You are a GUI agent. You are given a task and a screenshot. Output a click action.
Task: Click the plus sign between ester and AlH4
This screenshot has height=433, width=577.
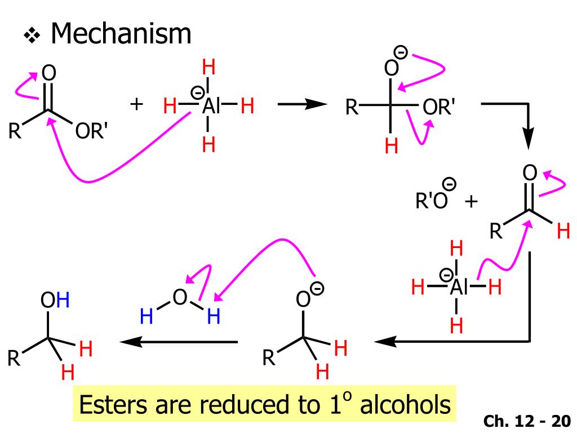click(136, 104)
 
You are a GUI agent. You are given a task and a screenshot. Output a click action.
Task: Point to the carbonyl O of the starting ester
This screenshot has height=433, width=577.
click(50, 73)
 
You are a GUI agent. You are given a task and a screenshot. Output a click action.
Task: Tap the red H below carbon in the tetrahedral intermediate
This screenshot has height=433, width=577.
click(391, 147)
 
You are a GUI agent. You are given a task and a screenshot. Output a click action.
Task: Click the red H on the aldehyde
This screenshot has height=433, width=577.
click(563, 232)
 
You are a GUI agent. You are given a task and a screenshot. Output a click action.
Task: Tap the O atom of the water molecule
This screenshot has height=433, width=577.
click(179, 297)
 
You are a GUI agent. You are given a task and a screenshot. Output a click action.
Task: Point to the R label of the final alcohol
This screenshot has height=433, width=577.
click(14, 359)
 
